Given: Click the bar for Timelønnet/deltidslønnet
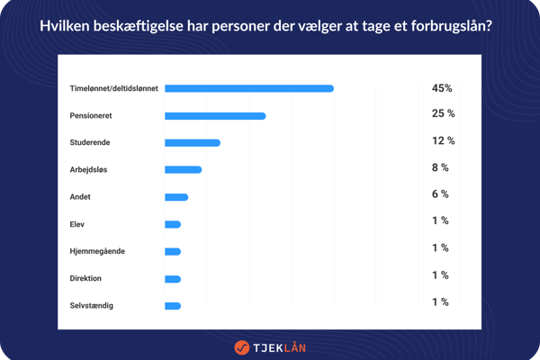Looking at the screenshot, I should (249, 88).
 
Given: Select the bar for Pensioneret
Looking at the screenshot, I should (215, 115).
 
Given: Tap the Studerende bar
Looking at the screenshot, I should (193, 142).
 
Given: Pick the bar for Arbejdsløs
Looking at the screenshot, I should (183, 169).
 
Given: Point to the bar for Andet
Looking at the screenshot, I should (176, 196).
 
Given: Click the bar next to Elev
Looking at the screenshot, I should (173, 224).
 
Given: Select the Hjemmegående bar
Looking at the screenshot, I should (173, 251).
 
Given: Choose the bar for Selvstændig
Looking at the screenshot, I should (173, 306).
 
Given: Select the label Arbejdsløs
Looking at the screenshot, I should (94, 169).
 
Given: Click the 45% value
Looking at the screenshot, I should (442, 88).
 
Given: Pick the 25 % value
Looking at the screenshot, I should (443, 113).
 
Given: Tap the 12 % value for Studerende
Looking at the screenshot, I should (443, 140).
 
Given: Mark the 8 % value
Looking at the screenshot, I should (440, 167).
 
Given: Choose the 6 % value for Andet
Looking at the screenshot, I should (440, 194).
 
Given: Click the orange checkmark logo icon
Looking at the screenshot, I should (241, 346).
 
